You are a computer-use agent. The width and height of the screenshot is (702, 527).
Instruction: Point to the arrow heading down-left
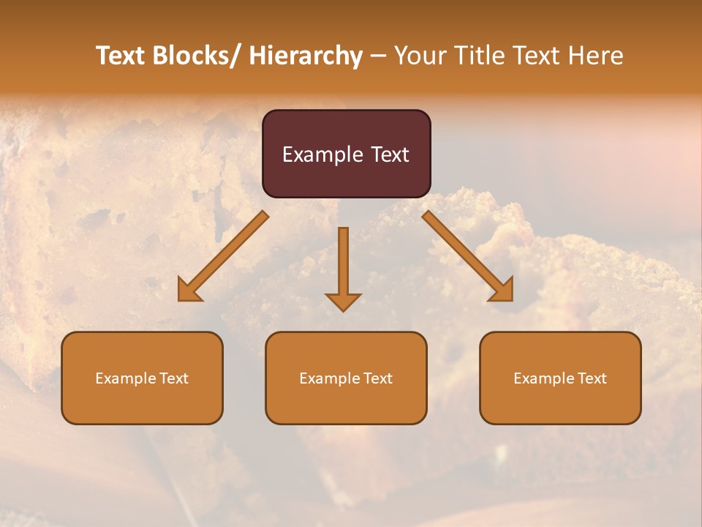(x=223, y=256)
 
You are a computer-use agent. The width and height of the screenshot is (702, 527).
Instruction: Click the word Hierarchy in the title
(x=306, y=56)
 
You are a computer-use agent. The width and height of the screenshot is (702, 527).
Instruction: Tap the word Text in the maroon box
(x=390, y=154)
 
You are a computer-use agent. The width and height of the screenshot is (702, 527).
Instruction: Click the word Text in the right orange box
(x=591, y=378)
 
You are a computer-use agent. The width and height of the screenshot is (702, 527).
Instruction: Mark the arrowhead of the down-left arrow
(x=189, y=291)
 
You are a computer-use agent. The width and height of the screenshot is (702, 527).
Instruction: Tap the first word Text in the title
(x=120, y=56)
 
